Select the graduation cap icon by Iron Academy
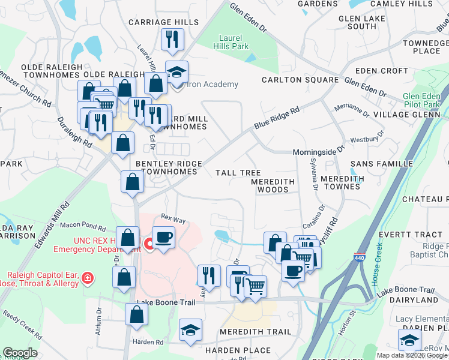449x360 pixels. point(176,73)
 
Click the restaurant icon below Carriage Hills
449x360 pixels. point(173,40)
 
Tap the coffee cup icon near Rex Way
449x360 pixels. point(163,238)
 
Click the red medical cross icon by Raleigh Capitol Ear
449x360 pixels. point(87,278)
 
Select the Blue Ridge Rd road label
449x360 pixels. point(276,118)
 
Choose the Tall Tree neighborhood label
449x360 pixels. point(238,173)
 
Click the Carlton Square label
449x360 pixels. point(300,80)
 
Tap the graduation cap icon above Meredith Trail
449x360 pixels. point(191,331)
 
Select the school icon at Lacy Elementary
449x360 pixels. point(409,340)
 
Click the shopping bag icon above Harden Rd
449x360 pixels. point(137,314)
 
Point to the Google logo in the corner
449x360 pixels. point(20,353)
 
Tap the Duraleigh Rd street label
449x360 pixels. point(74,131)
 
